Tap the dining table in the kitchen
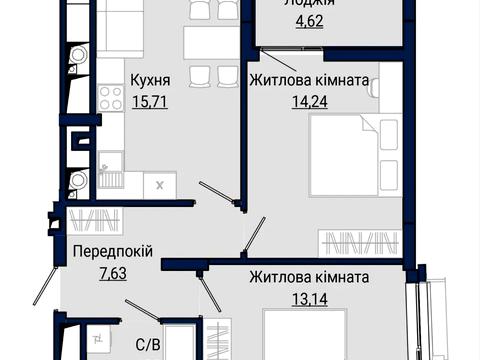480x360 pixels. [x=206, y=40]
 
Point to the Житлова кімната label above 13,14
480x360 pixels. [x=310, y=277]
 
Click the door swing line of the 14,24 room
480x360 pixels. [x=256, y=235]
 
